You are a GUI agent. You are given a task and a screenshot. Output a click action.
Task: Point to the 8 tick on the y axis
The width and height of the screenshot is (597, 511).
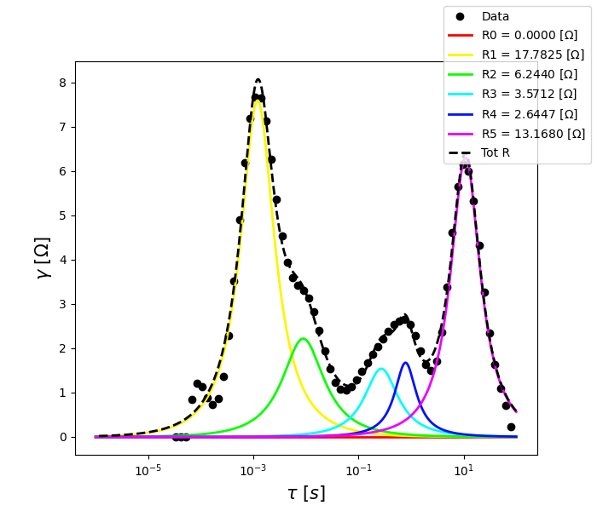pos(61,83)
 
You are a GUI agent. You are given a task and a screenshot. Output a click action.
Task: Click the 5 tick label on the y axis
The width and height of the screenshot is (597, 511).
pos(61,215)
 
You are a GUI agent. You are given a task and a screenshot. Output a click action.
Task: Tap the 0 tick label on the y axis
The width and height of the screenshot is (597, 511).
pos(61,437)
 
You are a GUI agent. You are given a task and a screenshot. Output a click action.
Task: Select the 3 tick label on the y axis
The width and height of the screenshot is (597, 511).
pos(61,304)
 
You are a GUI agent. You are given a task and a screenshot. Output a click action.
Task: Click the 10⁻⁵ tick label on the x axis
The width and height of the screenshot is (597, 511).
pos(148,470)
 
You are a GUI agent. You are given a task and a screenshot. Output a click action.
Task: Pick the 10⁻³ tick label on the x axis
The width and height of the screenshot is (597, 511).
pos(253,470)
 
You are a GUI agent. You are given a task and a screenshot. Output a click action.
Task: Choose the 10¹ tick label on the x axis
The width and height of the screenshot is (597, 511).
pos(464,470)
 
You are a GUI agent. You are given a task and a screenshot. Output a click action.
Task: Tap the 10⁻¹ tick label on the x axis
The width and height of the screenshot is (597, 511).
pos(358,470)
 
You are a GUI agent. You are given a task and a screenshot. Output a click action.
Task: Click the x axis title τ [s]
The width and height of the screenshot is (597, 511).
pos(306,493)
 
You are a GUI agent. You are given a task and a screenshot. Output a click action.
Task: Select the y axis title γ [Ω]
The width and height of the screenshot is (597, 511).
pos(43,257)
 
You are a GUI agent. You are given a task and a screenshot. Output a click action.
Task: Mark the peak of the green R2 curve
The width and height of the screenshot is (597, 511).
pos(303,339)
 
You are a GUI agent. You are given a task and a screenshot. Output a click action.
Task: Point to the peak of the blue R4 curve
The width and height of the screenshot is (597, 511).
pos(406,363)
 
